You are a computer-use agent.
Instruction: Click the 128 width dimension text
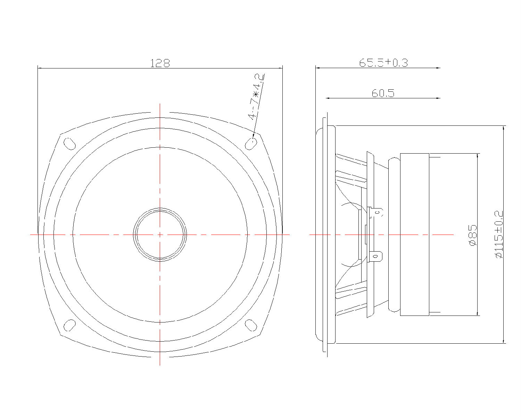coord(160,63)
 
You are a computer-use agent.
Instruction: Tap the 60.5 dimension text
coord(383,93)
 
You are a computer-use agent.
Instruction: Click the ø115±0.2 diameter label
coord(499,234)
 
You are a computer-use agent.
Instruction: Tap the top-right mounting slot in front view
coord(251,143)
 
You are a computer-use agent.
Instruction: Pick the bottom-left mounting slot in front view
coord(69,325)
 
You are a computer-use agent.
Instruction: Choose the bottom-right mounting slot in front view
coord(251,325)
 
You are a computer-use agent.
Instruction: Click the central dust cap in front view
coord(160,235)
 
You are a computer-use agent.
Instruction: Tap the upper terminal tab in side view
coord(377,212)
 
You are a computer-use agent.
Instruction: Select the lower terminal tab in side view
coord(377,257)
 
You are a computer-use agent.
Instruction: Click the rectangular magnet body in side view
coord(415,235)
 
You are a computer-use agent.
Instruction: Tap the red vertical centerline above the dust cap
coord(160,156)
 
